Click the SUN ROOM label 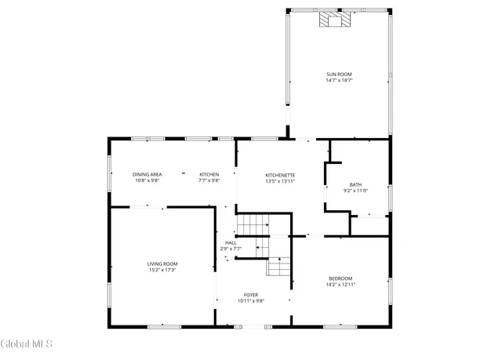click(339, 75)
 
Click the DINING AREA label click(147, 174)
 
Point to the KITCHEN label click(209, 174)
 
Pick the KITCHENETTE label click(280, 175)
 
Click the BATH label click(355, 184)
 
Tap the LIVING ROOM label click(162, 264)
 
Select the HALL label click(231, 243)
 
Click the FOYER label click(250, 295)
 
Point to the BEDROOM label click(340, 278)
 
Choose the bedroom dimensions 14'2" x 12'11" click(340, 284)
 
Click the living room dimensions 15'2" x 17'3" click(162, 270)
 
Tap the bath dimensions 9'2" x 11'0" click(355, 191)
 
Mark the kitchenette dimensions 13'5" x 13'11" click(280, 181)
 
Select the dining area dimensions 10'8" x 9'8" click(147, 180)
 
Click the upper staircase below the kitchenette click(253, 225)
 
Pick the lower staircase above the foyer click(278, 267)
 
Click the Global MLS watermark click(27, 344)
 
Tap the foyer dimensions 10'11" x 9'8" click(250, 301)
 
